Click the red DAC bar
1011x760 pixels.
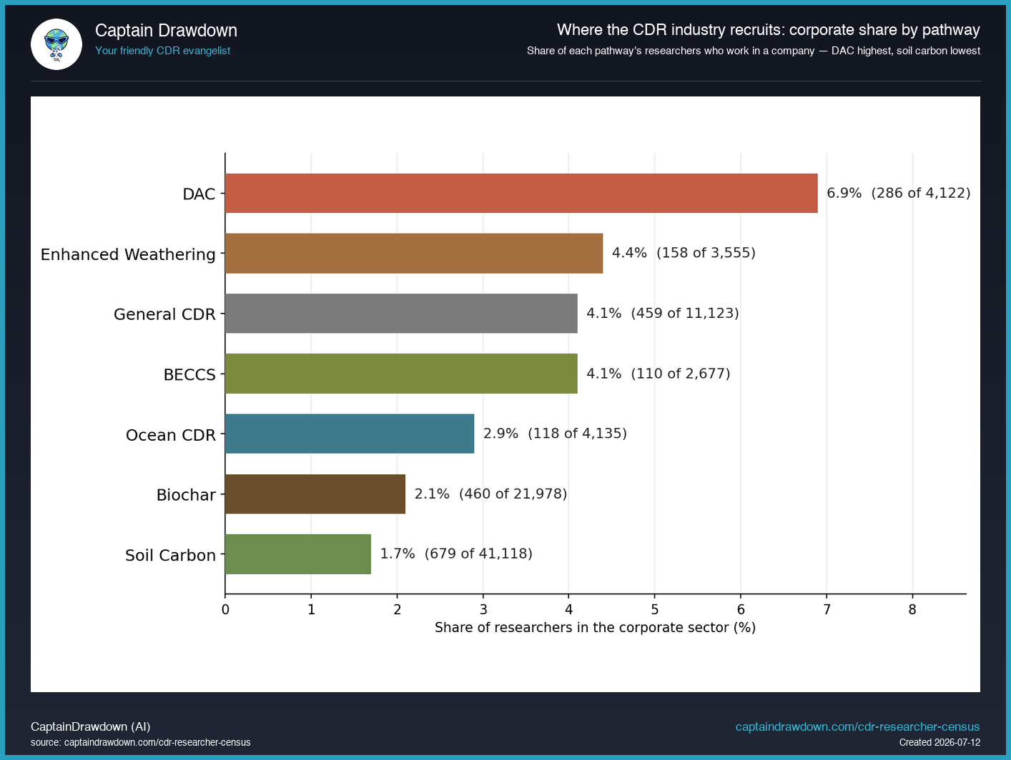[521, 194]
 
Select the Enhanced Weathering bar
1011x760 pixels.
[414, 254]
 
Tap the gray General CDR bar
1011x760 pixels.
[401, 314]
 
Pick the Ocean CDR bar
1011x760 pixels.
[350, 434]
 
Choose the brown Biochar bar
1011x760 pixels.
[315, 494]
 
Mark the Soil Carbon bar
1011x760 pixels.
[298, 554]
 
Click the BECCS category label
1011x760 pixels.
[189, 375]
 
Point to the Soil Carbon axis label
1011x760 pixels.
[170, 555]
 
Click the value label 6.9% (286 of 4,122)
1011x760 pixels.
[899, 193]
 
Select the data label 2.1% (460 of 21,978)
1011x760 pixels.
[491, 494]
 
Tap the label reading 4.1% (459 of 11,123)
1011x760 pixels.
[663, 313]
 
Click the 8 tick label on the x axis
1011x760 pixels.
[912, 609]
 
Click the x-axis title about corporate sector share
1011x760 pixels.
[595, 628]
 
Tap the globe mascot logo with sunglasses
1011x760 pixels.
[56, 44]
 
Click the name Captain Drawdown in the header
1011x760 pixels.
[167, 31]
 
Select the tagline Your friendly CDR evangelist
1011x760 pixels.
[162, 51]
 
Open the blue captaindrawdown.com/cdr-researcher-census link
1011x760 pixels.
[857, 726]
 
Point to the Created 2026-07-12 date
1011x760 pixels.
[940, 743]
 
